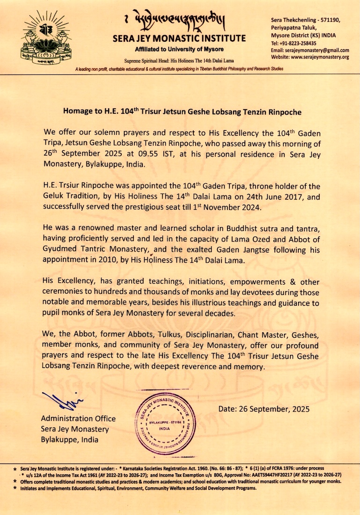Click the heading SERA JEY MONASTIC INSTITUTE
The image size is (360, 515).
coord(179,38)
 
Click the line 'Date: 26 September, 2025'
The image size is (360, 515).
coord(264,409)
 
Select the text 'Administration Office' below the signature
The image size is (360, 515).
coord(78,419)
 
